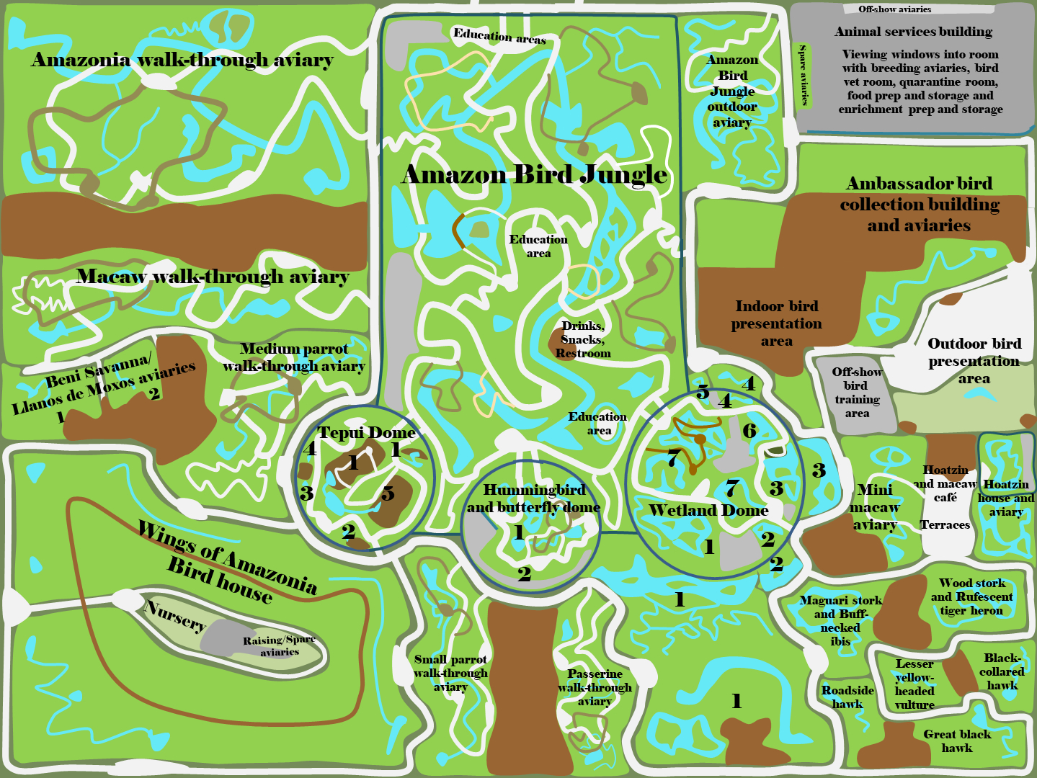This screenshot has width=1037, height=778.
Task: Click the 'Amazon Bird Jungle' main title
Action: coord(535,174)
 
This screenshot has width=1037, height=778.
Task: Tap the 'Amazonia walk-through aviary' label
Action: coord(182,60)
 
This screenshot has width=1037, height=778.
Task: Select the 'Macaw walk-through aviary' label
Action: coord(213,277)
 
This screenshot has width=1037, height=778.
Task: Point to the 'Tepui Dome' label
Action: coord(366,432)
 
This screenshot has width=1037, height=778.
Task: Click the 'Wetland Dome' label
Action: coord(708,510)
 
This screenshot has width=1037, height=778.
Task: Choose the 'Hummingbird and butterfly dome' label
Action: coord(533,498)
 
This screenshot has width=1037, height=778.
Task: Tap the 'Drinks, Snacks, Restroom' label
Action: coord(583,339)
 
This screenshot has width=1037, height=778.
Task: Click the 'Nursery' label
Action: coord(175,615)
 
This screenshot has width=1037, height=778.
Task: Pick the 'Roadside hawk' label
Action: coord(847,697)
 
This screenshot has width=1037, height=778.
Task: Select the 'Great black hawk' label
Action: coord(957,741)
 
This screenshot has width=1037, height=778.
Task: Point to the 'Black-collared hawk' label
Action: coord(1002,671)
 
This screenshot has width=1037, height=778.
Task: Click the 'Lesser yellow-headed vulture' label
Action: coord(914,684)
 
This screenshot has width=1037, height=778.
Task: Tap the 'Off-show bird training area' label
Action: coord(857,393)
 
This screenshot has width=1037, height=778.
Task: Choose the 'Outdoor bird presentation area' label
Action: coord(974,361)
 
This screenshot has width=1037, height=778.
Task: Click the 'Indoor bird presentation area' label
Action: coord(777,323)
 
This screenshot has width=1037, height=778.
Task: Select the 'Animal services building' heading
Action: coord(913,32)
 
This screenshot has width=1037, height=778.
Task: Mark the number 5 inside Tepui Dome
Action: coord(388,493)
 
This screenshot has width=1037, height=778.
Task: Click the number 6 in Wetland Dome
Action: coord(749,431)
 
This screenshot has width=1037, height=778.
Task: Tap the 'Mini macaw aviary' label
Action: coord(875,507)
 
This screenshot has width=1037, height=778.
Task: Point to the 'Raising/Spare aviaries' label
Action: coord(280,646)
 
